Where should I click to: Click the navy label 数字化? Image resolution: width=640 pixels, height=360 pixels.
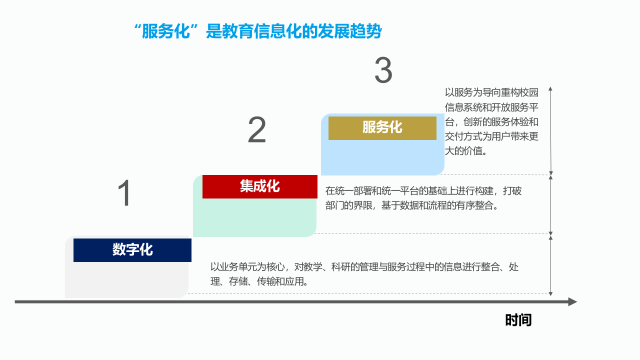(x=132, y=250)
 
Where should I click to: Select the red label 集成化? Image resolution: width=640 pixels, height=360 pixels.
(x=259, y=186)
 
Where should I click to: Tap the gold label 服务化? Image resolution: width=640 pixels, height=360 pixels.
(x=382, y=128)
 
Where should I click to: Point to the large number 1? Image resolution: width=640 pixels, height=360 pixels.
(x=124, y=194)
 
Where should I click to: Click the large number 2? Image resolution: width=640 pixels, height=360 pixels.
(x=257, y=131)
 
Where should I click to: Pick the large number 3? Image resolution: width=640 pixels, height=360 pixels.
(x=383, y=71)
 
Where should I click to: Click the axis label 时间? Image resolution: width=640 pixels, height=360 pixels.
(x=518, y=320)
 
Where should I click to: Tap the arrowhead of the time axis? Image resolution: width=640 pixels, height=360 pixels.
(x=572, y=301)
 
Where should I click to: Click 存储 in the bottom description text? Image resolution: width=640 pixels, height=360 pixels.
(x=238, y=281)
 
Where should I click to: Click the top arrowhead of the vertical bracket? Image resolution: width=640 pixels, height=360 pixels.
(x=550, y=88)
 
